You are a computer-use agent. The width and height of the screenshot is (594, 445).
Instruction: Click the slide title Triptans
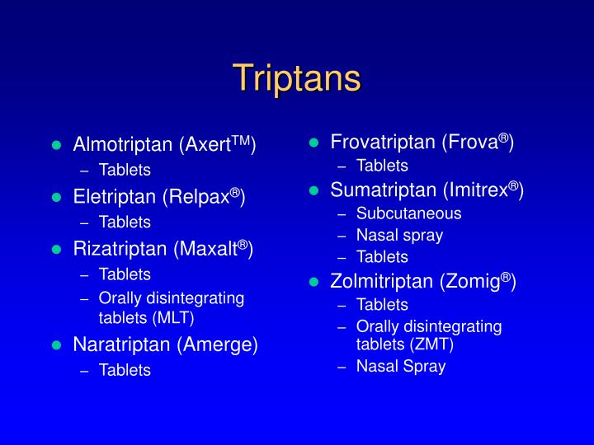297,78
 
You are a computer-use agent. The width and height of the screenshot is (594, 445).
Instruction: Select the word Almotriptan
123,146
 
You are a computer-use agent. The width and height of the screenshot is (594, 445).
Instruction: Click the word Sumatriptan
381,191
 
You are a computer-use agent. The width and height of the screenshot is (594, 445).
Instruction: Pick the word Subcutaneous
408,213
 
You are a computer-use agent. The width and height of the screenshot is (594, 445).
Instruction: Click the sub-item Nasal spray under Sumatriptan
399,235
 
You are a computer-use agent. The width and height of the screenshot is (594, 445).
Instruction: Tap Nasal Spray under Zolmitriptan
400,366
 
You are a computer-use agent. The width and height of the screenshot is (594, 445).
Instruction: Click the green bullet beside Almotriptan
56,146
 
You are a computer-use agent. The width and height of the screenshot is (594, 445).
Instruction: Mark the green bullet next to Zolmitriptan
313,282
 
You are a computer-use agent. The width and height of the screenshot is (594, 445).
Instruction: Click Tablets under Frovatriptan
382,166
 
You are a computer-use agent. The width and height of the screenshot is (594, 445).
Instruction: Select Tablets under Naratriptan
125,370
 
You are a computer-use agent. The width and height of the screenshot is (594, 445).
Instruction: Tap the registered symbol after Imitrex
512,186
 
